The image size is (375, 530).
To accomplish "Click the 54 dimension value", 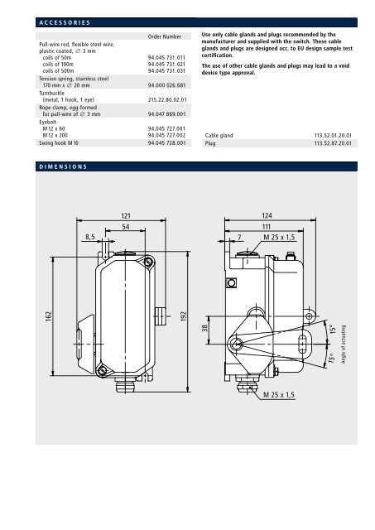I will click(127, 227).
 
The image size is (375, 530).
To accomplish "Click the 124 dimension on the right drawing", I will click(267, 216).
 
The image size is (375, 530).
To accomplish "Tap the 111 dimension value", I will click(267, 227).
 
